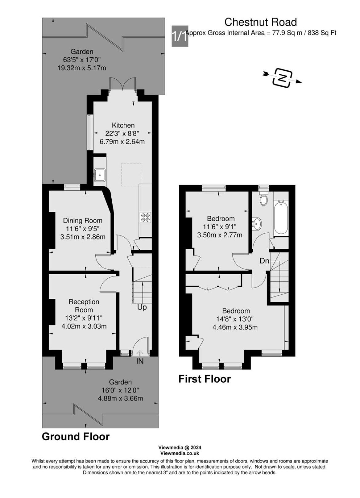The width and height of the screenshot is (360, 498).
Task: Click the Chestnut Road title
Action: [x=260, y=22]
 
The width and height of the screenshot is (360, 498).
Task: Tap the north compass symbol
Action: [x=282, y=78]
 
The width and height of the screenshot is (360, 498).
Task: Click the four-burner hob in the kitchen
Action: [x=145, y=217]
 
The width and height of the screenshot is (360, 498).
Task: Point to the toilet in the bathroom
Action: [x=264, y=198]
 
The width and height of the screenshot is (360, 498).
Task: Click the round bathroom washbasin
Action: [x=257, y=223]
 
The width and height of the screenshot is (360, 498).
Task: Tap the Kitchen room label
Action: [x=123, y=125]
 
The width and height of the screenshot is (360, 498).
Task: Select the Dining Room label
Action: [x=83, y=220]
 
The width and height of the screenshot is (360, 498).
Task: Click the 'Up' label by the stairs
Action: [x=142, y=307]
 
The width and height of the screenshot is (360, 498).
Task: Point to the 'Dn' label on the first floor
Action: [x=265, y=261]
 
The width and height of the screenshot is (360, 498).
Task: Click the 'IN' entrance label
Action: [x=140, y=362]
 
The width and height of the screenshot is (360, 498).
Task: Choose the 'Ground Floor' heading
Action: [x=76, y=437]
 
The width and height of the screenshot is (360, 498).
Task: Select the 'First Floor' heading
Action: [x=205, y=379]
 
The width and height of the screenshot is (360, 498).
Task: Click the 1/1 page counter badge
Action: [x=180, y=36]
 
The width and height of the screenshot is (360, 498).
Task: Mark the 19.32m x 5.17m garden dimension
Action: [x=82, y=68]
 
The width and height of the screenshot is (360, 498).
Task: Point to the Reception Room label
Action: [x=84, y=306]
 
